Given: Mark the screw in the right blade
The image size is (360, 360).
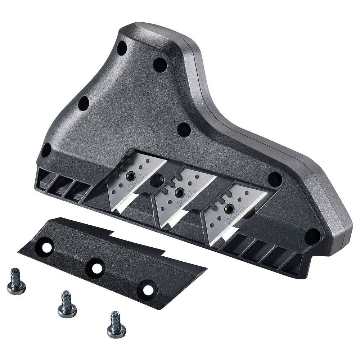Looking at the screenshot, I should (x=228, y=208).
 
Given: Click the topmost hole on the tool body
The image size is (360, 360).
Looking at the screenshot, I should (x=122, y=48).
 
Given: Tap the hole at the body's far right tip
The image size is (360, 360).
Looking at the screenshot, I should (x=312, y=236).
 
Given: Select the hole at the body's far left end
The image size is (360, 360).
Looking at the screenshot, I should (x=46, y=150).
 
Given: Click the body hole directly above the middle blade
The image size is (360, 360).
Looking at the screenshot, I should (x=184, y=130).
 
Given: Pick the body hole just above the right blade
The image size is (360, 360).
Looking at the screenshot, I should (x=275, y=179).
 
